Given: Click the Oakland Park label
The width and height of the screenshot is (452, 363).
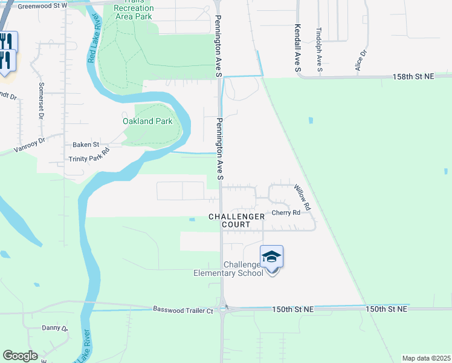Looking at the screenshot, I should (147, 121).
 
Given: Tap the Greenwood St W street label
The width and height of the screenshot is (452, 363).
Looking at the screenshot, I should (42, 6).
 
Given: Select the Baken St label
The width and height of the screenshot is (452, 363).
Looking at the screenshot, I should (86, 145).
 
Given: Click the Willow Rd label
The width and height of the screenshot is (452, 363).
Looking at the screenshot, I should (302, 198).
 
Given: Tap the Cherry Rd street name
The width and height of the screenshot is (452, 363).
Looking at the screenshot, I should (286, 213).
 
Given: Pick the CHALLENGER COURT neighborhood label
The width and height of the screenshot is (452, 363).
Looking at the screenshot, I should (236, 220).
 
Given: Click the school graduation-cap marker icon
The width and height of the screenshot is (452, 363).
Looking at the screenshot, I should (272, 257).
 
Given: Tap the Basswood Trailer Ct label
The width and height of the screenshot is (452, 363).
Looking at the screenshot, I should (183, 310).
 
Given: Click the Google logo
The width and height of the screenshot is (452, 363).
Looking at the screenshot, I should (20, 356).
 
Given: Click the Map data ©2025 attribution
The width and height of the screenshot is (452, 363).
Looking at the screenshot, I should (425, 358).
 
